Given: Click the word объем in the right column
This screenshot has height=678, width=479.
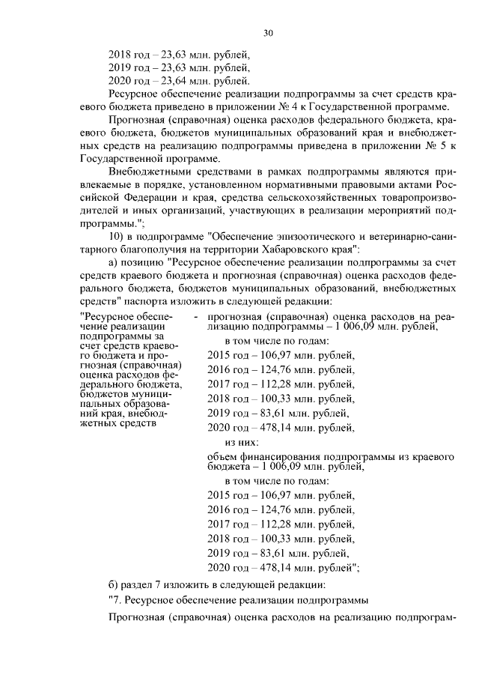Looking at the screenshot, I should [222, 455].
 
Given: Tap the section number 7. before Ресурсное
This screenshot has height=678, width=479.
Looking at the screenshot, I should [116, 599].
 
